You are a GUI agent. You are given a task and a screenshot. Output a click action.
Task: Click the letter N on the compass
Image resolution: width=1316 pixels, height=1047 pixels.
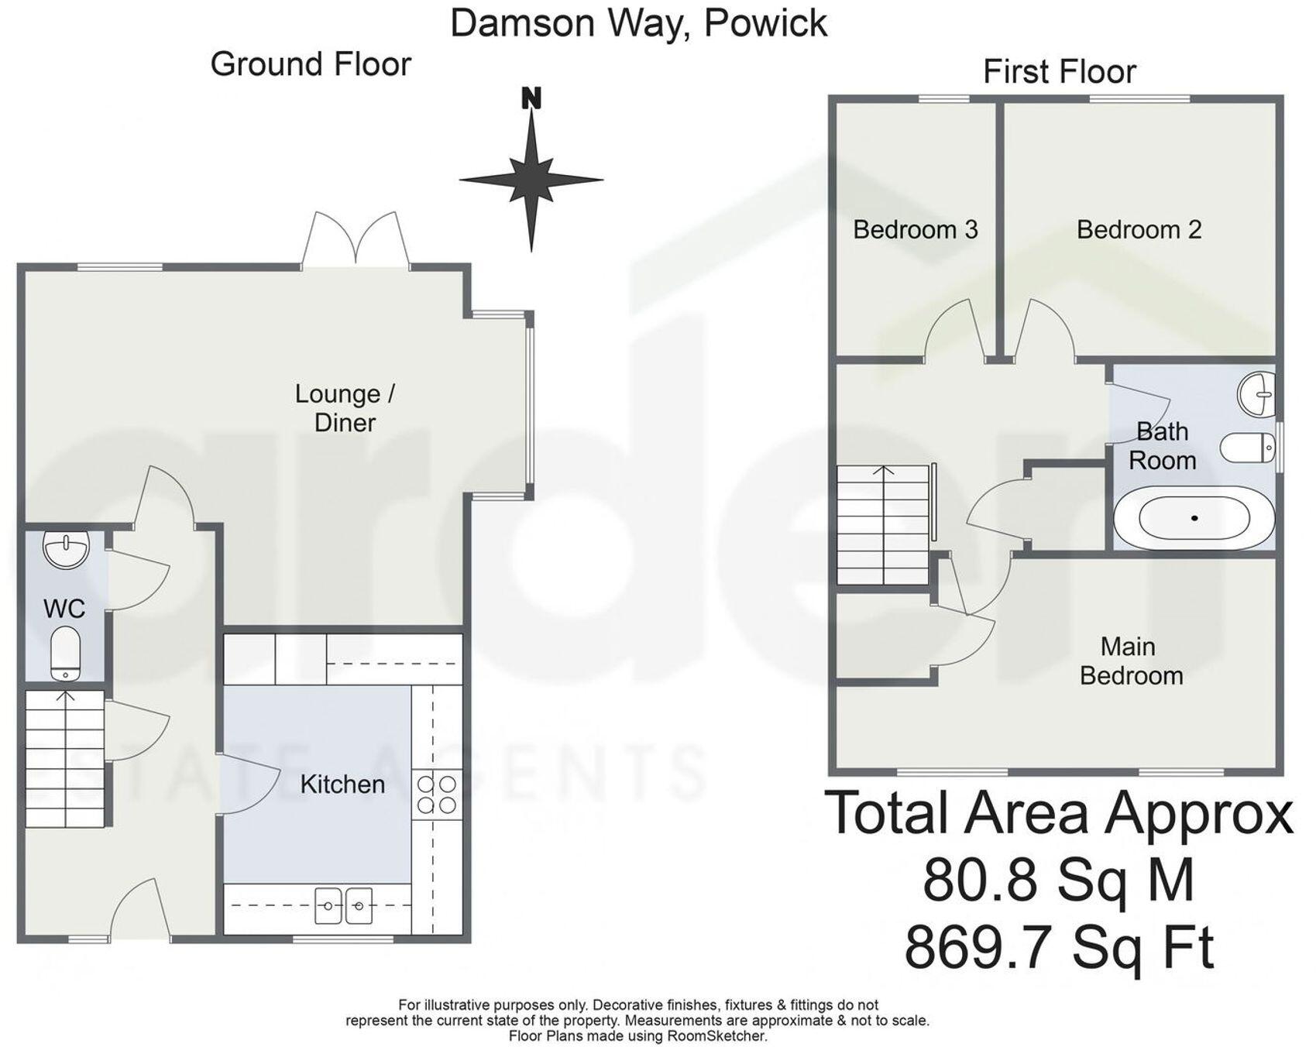click(531, 99)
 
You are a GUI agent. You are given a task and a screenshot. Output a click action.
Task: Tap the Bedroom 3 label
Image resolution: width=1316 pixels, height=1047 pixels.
click(915, 230)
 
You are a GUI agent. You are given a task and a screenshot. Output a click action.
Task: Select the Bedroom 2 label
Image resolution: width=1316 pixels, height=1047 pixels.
click(1139, 230)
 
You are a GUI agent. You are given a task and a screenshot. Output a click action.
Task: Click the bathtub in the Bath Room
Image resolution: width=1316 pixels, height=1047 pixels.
click(1194, 518)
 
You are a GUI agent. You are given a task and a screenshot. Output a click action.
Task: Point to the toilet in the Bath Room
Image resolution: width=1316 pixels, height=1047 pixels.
click(1247, 447)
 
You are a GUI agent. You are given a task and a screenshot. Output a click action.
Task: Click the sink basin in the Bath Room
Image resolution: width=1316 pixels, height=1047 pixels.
click(1256, 393)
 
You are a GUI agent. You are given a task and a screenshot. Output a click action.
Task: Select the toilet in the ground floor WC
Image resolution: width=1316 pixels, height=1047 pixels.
click(65, 653)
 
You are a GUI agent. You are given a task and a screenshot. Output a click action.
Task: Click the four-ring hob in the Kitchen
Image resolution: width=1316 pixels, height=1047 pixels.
click(436, 794)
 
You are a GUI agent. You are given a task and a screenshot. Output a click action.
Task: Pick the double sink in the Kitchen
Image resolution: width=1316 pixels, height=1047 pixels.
click(343, 905)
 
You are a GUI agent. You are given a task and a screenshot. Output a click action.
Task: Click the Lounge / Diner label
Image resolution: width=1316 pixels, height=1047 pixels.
click(345, 408)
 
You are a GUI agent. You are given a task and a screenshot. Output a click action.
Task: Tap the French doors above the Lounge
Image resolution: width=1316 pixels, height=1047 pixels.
click(356, 240)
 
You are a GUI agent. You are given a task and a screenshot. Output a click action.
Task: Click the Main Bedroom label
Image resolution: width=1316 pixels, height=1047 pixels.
click(1130, 661)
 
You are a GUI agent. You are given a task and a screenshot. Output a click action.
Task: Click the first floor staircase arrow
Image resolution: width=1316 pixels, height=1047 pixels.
click(883, 472)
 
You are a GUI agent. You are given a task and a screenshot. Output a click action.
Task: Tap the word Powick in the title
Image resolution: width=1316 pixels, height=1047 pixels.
click(765, 23)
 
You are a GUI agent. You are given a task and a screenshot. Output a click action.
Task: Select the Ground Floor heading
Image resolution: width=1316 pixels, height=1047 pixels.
click(311, 64)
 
